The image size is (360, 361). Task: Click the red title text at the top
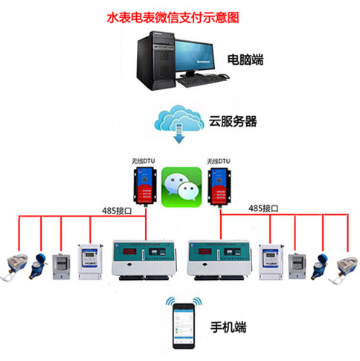[179, 15]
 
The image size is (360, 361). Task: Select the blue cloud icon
[180, 120]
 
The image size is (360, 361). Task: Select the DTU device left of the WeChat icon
[144, 185]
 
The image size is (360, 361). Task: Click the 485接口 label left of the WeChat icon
[96, 208]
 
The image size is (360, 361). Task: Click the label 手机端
[228, 326]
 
